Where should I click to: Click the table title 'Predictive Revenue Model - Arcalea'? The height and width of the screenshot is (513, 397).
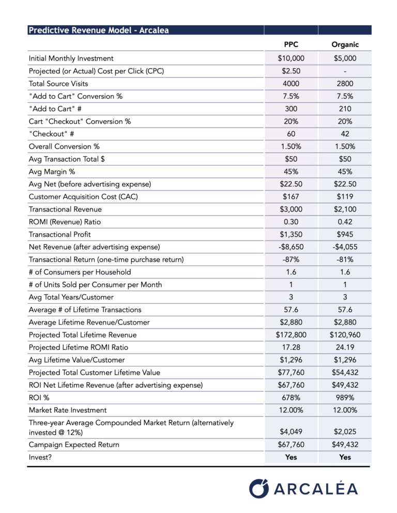98,30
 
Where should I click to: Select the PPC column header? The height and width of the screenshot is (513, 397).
291,45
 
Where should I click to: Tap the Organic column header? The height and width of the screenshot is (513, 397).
345,45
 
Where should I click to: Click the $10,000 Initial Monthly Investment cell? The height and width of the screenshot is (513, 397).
291,58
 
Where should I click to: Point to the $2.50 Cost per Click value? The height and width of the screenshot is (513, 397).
291,71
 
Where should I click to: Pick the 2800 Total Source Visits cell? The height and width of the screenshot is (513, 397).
345,84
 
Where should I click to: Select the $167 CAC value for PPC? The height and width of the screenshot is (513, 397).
291,197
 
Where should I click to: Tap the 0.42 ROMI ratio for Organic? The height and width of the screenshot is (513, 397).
345,222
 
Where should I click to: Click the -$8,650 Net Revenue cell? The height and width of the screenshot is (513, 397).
291,247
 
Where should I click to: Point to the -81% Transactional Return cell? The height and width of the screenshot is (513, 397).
345,260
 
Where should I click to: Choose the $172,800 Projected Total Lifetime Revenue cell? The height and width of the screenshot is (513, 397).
291,335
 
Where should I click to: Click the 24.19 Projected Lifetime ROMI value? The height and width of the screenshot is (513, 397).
345,347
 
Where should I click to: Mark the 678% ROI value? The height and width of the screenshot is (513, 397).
291,397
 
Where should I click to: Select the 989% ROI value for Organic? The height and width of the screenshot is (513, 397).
345,397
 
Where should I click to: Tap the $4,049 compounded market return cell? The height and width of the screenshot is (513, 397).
291,431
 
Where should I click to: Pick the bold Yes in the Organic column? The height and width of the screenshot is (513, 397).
345,457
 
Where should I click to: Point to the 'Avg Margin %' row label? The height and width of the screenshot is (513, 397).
53,171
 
